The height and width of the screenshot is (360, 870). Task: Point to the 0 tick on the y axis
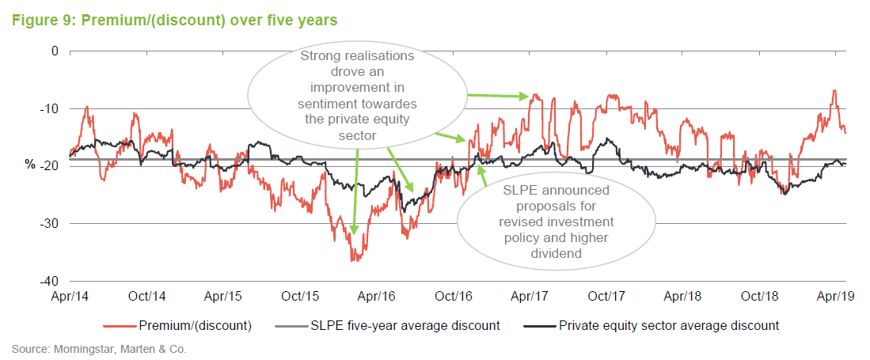55,51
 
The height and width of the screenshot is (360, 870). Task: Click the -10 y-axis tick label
50,108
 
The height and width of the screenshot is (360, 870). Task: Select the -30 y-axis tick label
50,223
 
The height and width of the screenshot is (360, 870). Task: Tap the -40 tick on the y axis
50,281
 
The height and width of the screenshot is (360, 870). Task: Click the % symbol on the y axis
31,165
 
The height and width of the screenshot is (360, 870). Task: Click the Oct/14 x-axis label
147,297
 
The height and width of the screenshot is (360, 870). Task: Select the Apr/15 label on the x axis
224,297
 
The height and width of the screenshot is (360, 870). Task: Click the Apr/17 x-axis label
531,297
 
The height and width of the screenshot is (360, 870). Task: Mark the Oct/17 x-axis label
608,297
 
